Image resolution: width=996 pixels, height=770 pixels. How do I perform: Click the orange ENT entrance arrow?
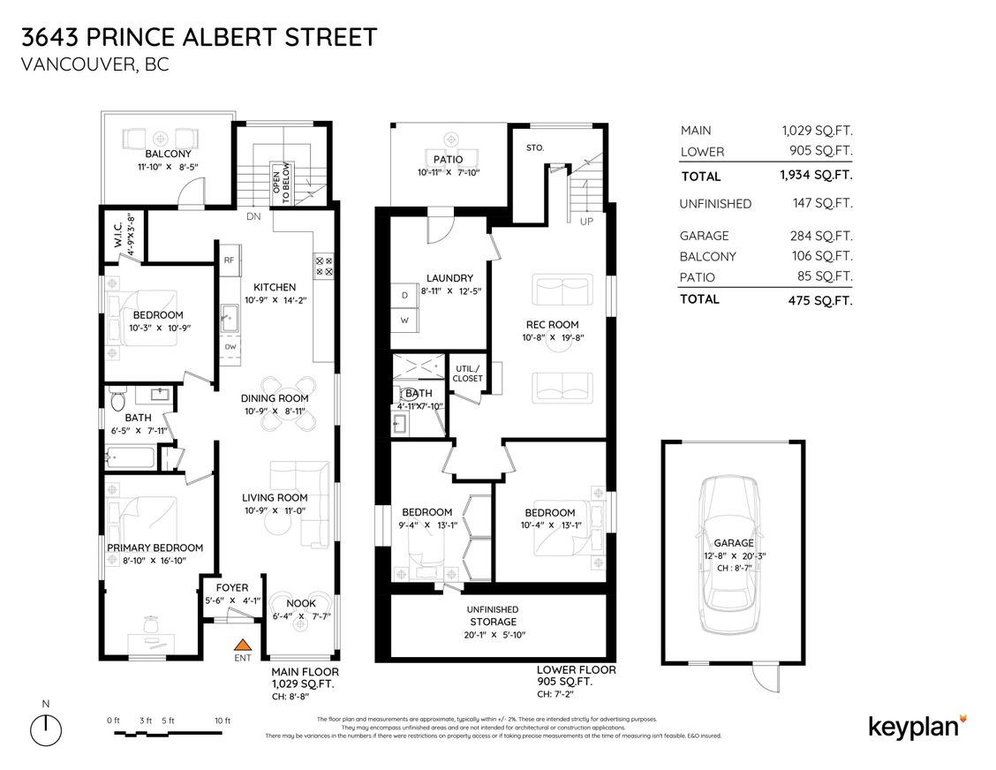(243, 645)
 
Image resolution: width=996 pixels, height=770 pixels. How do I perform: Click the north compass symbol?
(45, 730)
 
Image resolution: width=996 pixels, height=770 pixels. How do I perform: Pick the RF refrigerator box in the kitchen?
(229, 260)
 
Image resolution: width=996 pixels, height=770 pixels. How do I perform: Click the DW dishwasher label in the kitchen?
(230, 347)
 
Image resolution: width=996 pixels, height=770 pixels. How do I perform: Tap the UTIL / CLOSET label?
(467, 373)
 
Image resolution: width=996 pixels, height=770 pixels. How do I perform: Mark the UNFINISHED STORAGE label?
(493, 615)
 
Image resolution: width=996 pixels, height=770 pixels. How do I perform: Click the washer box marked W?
(404, 320)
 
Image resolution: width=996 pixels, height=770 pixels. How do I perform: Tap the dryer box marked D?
(404, 294)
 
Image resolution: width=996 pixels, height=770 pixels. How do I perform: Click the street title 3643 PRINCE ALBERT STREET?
(200, 37)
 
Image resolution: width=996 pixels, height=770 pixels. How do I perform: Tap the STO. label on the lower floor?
(534, 147)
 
